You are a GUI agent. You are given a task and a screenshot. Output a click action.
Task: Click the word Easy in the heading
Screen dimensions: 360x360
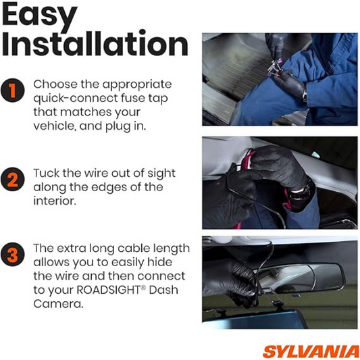point(42,16)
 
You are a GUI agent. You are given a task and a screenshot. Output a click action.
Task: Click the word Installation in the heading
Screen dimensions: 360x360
point(95,45)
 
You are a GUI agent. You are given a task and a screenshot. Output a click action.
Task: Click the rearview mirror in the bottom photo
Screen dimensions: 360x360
point(304,277)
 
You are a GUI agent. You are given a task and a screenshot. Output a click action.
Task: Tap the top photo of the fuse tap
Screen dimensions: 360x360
point(280,79)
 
